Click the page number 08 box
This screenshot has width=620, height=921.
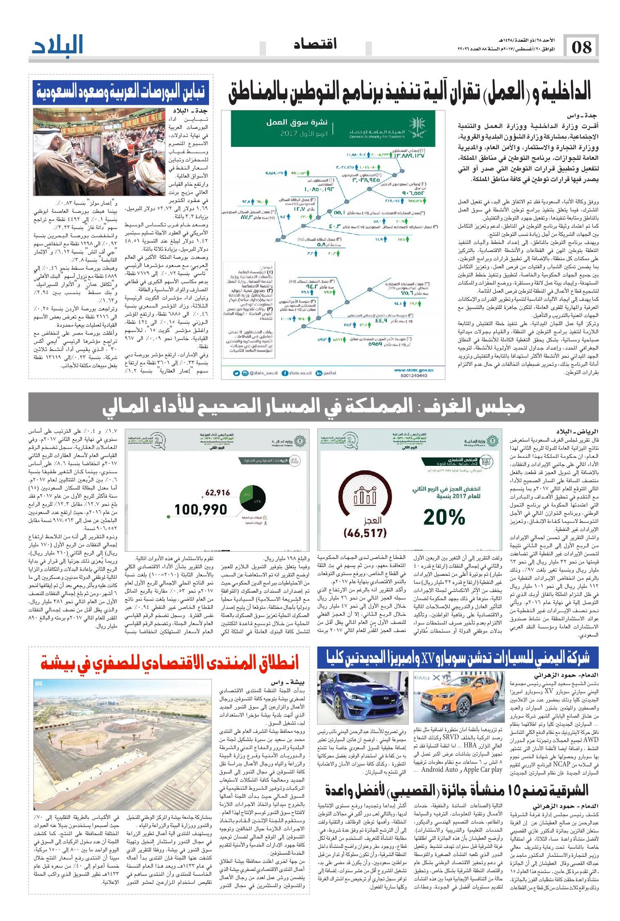[x=581, y=47]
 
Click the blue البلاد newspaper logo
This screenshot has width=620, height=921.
[x=58, y=45]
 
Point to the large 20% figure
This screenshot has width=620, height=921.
[x=444, y=517]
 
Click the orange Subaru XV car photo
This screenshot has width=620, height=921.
[x=459, y=695]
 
